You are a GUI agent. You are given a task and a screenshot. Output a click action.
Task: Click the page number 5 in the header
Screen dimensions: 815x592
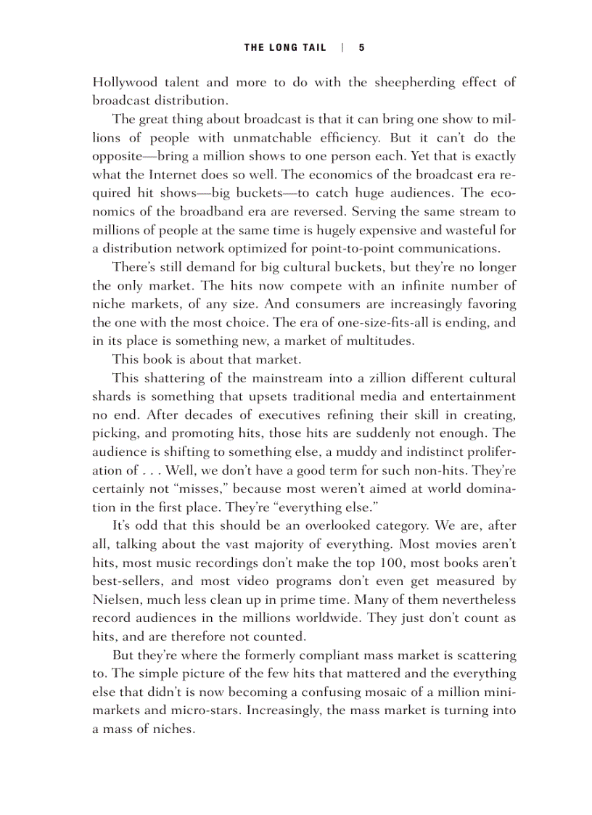pyautogui.click(x=361, y=48)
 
